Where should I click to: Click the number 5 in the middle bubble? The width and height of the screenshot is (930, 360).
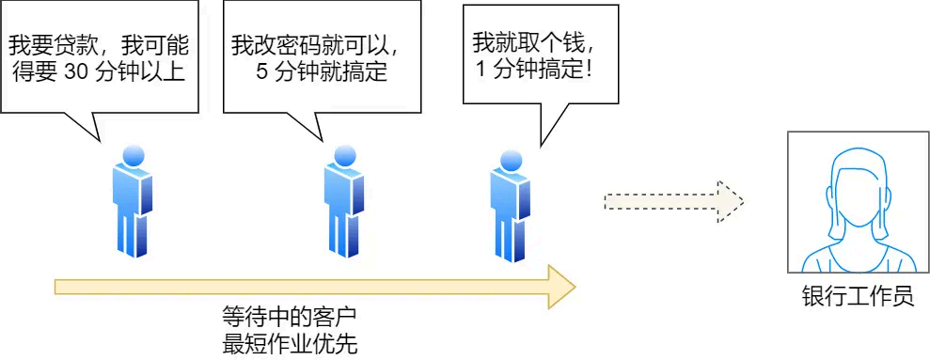[x=262, y=73]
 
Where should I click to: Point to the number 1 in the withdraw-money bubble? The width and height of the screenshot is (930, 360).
[x=482, y=70]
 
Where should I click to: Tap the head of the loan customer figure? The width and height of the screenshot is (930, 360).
[x=132, y=155]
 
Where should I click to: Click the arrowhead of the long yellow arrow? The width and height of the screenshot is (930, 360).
[x=560, y=286]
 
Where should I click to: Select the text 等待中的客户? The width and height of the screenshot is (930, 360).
[x=290, y=316]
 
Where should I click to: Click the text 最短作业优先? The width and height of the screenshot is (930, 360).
[x=290, y=342]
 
